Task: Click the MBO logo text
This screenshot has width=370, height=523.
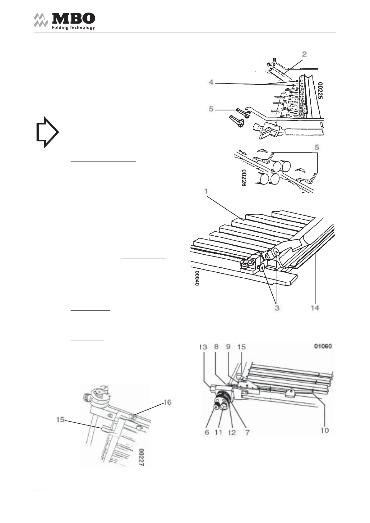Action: point(73,18)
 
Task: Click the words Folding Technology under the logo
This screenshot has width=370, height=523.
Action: point(73,28)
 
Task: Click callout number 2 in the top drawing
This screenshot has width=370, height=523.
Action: point(304,54)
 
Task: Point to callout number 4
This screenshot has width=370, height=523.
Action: point(211,83)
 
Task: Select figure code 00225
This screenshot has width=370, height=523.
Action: point(321,90)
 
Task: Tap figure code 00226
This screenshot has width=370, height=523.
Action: point(244,178)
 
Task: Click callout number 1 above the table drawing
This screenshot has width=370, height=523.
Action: point(206,191)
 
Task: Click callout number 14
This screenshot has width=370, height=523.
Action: point(315,308)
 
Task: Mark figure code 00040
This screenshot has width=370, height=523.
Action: point(197,278)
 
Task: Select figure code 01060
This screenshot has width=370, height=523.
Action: point(323,346)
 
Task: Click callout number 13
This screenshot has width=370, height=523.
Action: point(203,347)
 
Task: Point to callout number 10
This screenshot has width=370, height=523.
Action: point(325,430)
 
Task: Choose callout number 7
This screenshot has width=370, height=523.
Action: point(247,432)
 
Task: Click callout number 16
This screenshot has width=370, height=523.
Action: point(167,402)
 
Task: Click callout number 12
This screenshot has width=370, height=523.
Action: point(232,432)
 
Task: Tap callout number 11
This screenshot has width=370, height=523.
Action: point(219,432)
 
